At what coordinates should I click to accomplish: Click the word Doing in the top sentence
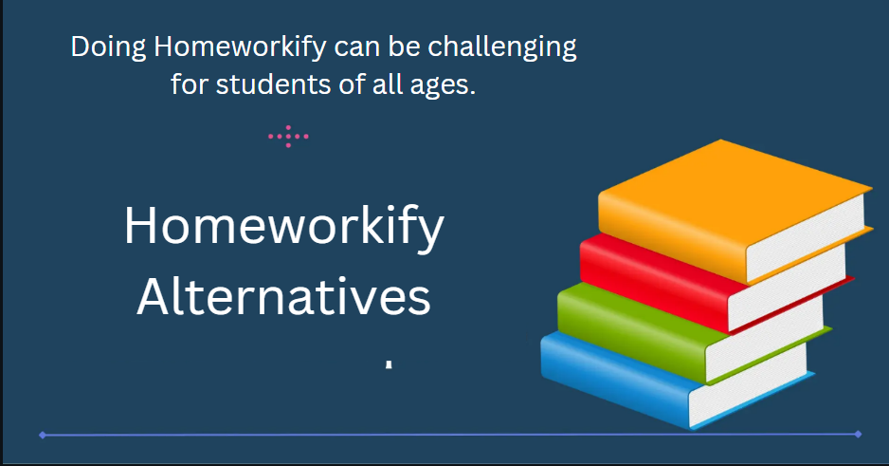(x=108, y=47)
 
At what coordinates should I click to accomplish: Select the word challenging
(x=501, y=47)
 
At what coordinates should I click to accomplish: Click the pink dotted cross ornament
(x=288, y=137)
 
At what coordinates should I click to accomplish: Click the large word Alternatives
(x=284, y=297)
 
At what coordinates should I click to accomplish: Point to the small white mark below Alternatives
(x=389, y=363)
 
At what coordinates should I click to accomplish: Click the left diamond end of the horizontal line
(x=43, y=436)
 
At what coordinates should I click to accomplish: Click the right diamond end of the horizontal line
(x=858, y=435)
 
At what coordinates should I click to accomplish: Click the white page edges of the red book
(x=787, y=288)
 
